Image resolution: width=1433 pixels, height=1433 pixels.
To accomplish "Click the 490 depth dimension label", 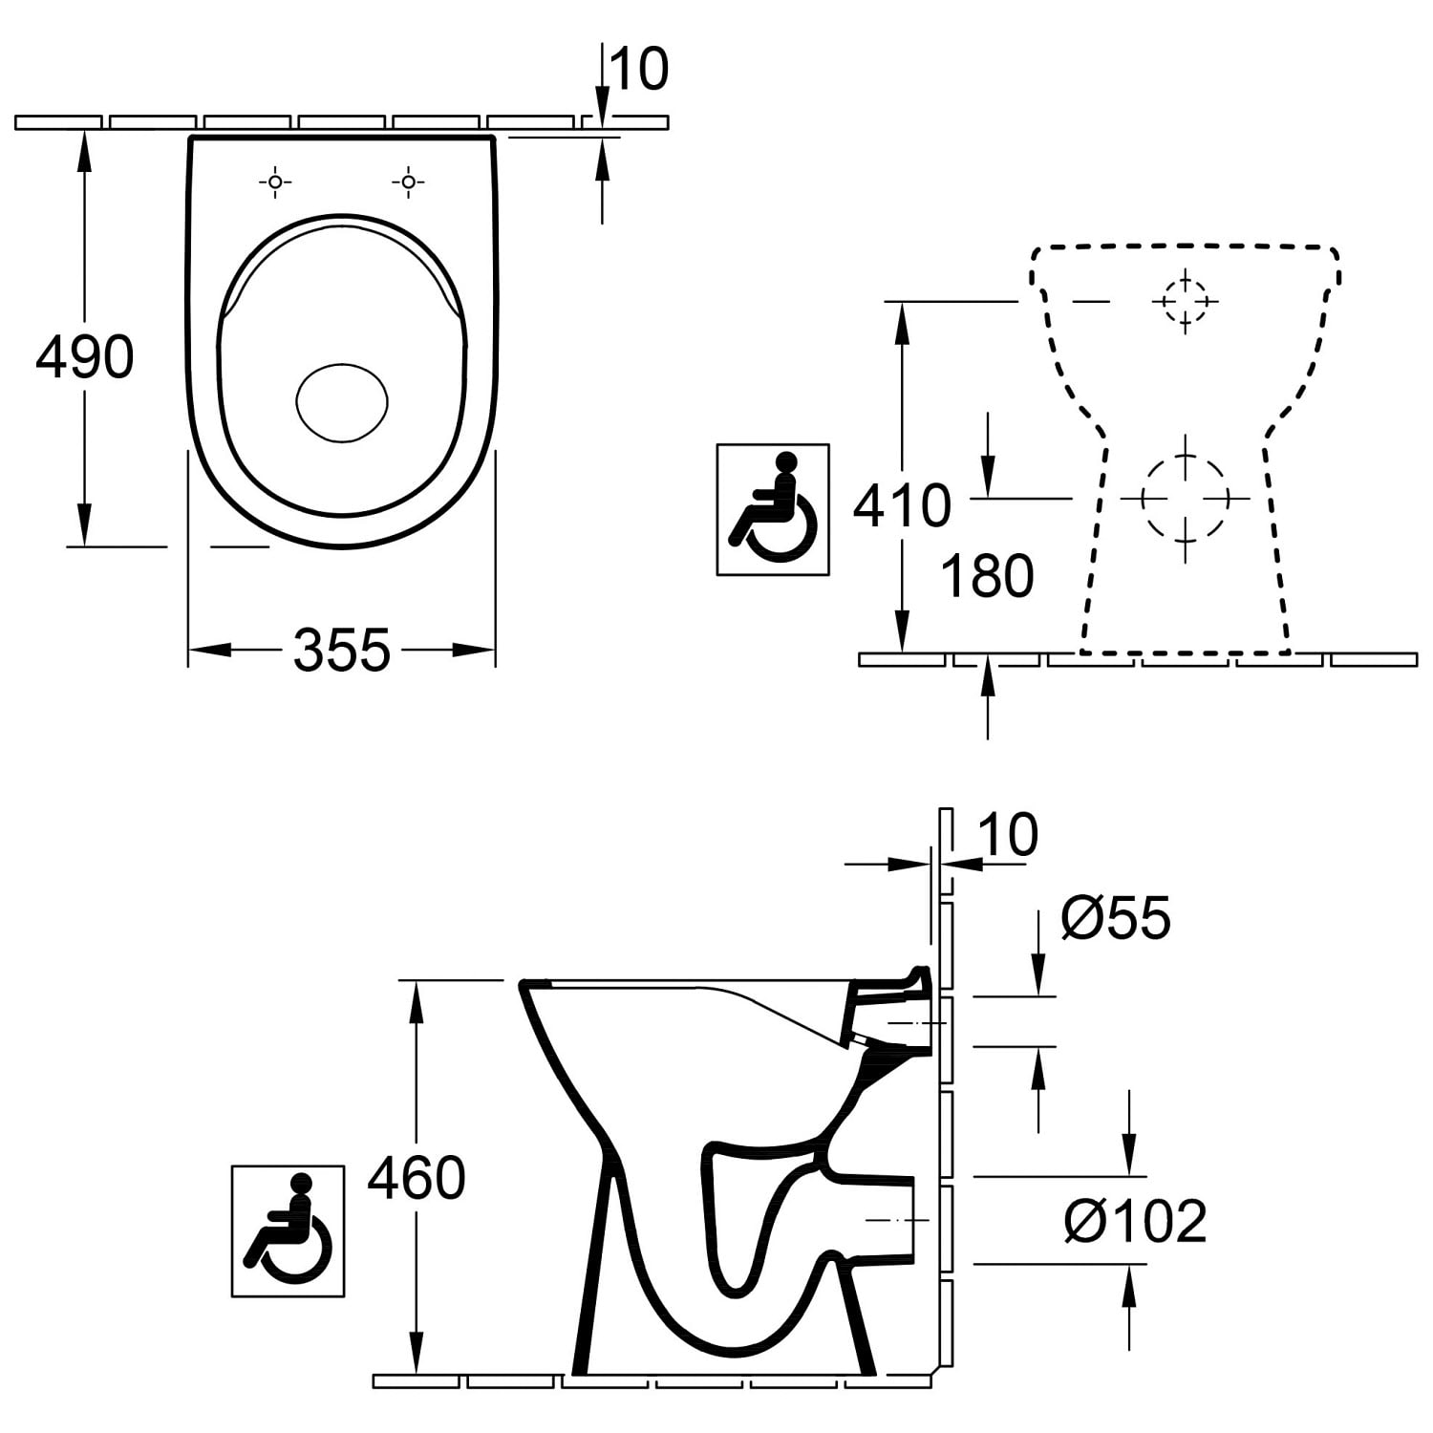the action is click(x=85, y=358).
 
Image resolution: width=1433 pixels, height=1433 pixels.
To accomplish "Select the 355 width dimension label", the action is click(x=342, y=651).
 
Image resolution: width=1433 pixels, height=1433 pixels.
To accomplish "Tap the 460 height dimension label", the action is click(x=417, y=1178).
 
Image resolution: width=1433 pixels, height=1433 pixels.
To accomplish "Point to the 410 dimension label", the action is click(x=902, y=505).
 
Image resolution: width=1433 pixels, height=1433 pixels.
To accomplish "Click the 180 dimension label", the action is click(x=987, y=576).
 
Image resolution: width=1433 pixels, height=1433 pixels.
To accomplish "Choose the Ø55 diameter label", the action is click(x=1116, y=918).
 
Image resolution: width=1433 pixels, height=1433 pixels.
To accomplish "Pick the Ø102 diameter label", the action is click(x=1136, y=1221).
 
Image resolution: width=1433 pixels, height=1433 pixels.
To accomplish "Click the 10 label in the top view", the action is click(x=639, y=70).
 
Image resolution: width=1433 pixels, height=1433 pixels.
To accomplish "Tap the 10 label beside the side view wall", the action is click(x=1009, y=834).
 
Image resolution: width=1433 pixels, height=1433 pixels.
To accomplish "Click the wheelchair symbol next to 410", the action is click(x=773, y=509).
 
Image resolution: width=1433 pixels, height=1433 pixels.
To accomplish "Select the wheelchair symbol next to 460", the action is click(x=288, y=1230).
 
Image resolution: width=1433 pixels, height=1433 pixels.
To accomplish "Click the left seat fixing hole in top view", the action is click(x=275, y=181).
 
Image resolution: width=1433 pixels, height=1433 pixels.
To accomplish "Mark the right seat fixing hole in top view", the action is click(x=408, y=181).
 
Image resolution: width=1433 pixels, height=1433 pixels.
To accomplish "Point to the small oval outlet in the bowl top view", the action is click(x=342, y=402).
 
